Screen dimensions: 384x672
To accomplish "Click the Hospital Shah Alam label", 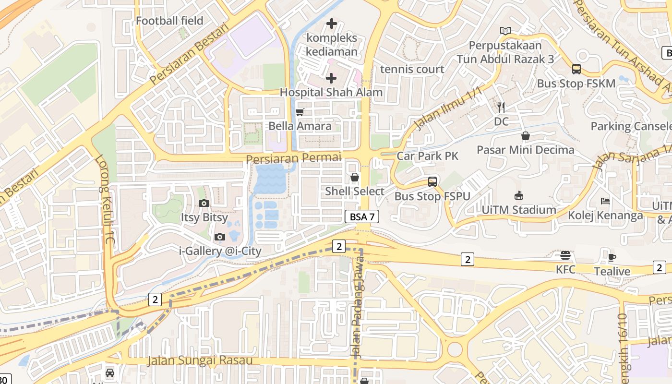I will tap(331, 92).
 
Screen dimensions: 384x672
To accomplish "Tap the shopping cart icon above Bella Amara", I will tap(300, 112).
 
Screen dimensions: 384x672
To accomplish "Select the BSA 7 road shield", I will tap(362, 217).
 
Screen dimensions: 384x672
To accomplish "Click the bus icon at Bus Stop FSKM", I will tap(576, 69).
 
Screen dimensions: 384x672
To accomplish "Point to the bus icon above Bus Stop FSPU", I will tap(432, 182).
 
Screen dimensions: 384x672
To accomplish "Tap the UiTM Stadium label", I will tap(519, 210).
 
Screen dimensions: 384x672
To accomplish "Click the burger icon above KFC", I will tap(565, 255).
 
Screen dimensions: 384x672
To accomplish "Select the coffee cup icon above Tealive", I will tap(612, 257).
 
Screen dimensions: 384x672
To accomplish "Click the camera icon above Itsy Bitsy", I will tap(204, 203).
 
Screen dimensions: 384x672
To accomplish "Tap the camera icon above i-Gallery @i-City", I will tap(220, 237).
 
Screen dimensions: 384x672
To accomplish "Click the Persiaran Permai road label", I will tap(293, 157).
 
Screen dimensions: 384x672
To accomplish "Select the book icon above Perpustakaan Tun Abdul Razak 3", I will tap(505, 31).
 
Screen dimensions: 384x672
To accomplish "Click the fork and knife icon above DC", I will tap(501, 107).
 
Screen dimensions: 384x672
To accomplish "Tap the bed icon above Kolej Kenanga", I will tap(605, 201).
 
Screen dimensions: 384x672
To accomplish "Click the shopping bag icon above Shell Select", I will tap(355, 177).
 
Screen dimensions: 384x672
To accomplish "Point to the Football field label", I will tap(169, 21).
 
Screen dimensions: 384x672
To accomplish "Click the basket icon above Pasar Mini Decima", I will tap(526, 136).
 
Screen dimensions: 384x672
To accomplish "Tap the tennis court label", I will tap(412, 69).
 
